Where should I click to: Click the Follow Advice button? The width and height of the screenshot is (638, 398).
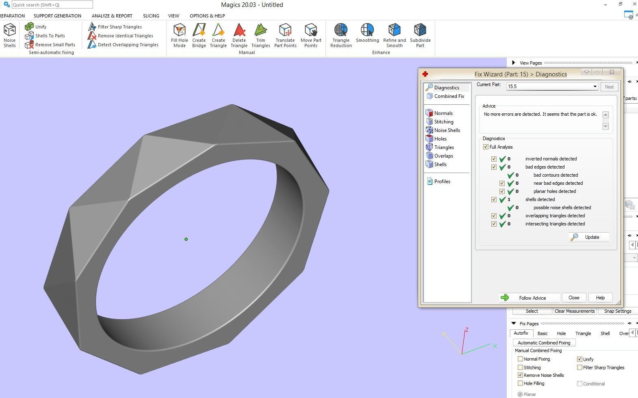tap(529, 298)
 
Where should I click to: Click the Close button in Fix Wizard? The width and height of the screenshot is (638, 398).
tap(573, 298)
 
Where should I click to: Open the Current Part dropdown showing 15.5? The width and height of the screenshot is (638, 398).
tap(595, 87)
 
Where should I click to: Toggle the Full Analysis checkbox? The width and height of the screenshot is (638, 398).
tap(486, 147)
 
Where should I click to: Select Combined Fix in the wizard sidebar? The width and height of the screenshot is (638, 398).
tap(449, 96)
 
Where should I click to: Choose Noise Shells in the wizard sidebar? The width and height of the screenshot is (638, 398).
tap(447, 130)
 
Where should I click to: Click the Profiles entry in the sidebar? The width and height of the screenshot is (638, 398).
tap(442, 182)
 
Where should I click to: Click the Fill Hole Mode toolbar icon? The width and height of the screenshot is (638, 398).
tap(179, 35)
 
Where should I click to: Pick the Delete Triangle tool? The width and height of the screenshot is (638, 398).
tap(239, 35)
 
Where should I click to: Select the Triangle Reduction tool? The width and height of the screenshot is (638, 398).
tap(341, 35)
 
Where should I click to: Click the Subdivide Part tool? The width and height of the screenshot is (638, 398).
tap(420, 35)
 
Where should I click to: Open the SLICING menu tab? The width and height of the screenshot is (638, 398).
tap(151, 16)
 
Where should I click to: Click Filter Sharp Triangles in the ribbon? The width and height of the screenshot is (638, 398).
tap(119, 27)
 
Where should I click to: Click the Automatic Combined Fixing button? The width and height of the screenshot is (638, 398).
tap(544, 343)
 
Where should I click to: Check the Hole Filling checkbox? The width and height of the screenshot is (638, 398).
tap(520, 383)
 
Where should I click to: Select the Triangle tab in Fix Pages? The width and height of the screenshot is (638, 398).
tap(583, 333)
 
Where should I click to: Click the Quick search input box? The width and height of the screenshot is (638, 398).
tap(52, 5)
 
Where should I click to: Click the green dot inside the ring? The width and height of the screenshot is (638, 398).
tap(186, 239)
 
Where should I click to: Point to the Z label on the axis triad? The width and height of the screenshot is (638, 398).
tap(467, 330)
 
